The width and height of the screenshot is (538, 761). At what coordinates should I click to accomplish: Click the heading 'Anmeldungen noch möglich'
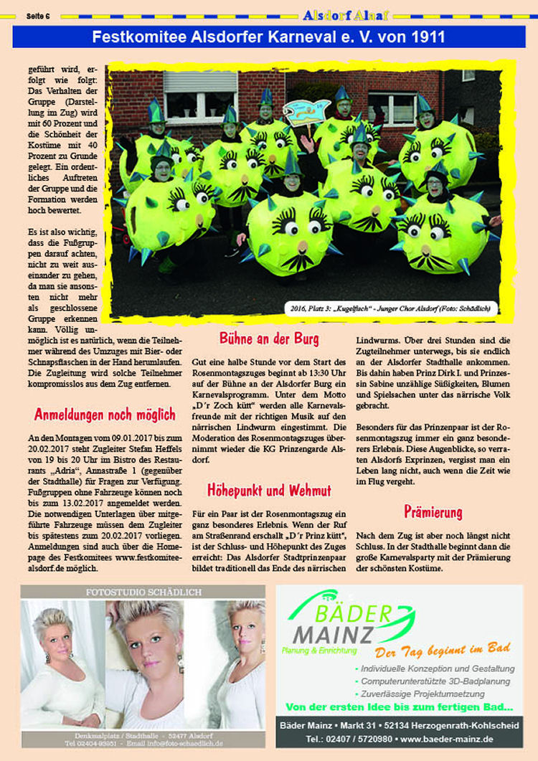click(x=105, y=415)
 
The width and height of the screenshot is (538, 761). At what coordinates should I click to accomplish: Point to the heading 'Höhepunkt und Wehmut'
click(x=269, y=491)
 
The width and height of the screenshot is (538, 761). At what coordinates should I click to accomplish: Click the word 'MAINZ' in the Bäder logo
click(x=331, y=635)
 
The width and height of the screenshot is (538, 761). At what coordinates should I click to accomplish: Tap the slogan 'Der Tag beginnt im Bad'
click(x=443, y=649)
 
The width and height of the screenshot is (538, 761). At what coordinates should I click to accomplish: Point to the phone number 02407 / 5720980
click(x=349, y=738)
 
